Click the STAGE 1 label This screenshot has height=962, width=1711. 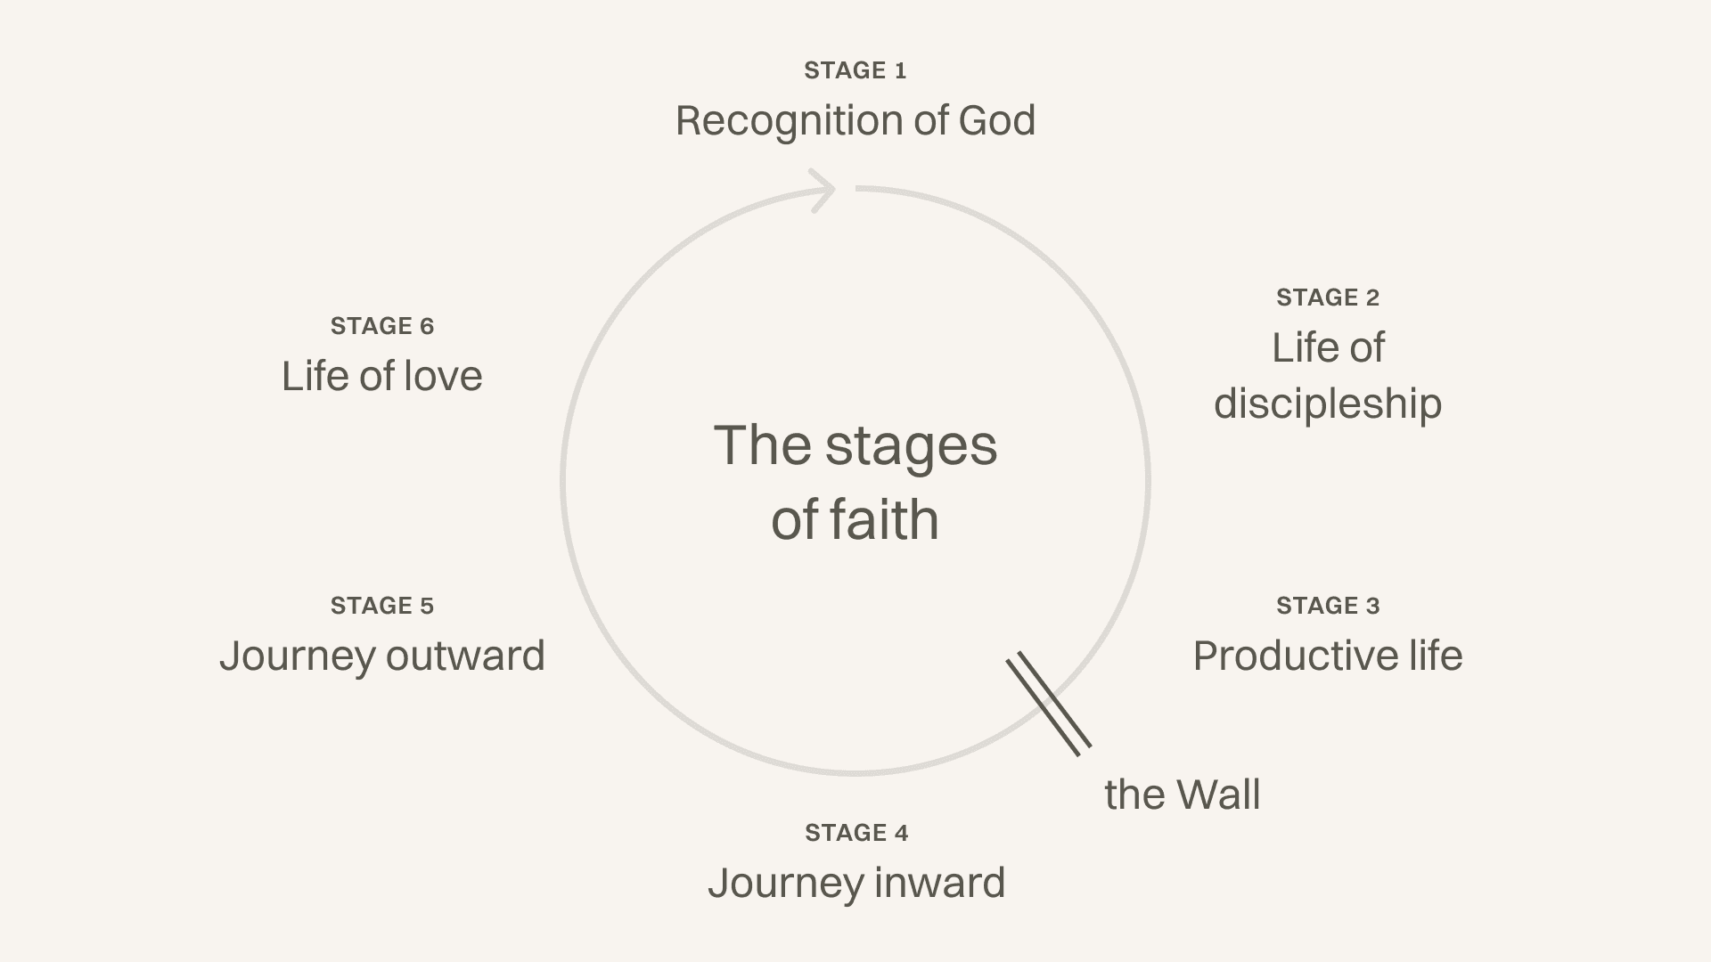point(855,70)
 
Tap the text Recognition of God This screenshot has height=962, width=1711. point(855,120)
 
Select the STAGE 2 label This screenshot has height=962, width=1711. point(1327,298)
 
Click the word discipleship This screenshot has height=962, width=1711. point(1327,404)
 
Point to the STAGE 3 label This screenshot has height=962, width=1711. point(1327,606)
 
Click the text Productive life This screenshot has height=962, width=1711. point(1327,656)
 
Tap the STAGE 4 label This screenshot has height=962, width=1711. point(855,833)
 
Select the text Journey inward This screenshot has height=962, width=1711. point(855,883)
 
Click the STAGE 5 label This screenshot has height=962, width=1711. point(381,606)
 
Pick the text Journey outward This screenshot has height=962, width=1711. point(381,656)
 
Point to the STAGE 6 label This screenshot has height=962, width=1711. point(381,326)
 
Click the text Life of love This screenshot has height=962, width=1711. point(381,376)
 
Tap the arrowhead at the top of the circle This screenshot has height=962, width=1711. point(823,190)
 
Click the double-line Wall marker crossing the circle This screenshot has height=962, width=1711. point(1049,704)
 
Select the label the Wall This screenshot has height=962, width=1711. point(1182,795)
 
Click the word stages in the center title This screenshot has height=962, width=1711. point(910,446)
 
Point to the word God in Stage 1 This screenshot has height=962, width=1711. point(996,120)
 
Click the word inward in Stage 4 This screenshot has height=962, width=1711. point(939,883)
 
